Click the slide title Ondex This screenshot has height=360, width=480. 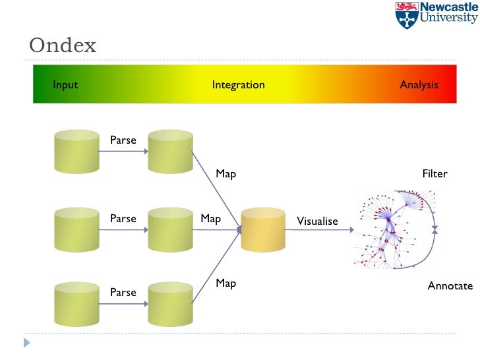(x=63, y=46)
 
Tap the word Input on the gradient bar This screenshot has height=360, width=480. (x=65, y=85)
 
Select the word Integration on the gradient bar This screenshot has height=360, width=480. (x=238, y=85)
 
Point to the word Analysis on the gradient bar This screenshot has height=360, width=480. (x=419, y=85)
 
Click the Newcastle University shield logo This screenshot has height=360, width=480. (x=406, y=15)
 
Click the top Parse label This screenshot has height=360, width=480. (x=123, y=140)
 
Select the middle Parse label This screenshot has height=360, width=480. (x=123, y=218)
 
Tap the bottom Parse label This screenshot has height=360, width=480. (x=123, y=292)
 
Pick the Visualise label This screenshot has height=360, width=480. (x=317, y=222)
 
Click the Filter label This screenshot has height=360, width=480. (x=435, y=174)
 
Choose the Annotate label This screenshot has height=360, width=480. (x=450, y=286)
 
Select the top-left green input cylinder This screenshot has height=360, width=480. (x=76, y=152)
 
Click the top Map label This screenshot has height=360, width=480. (x=225, y=174)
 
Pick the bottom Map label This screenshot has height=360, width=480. (x=225, y=283)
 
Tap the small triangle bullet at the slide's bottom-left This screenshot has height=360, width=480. (x=27, y=342)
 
